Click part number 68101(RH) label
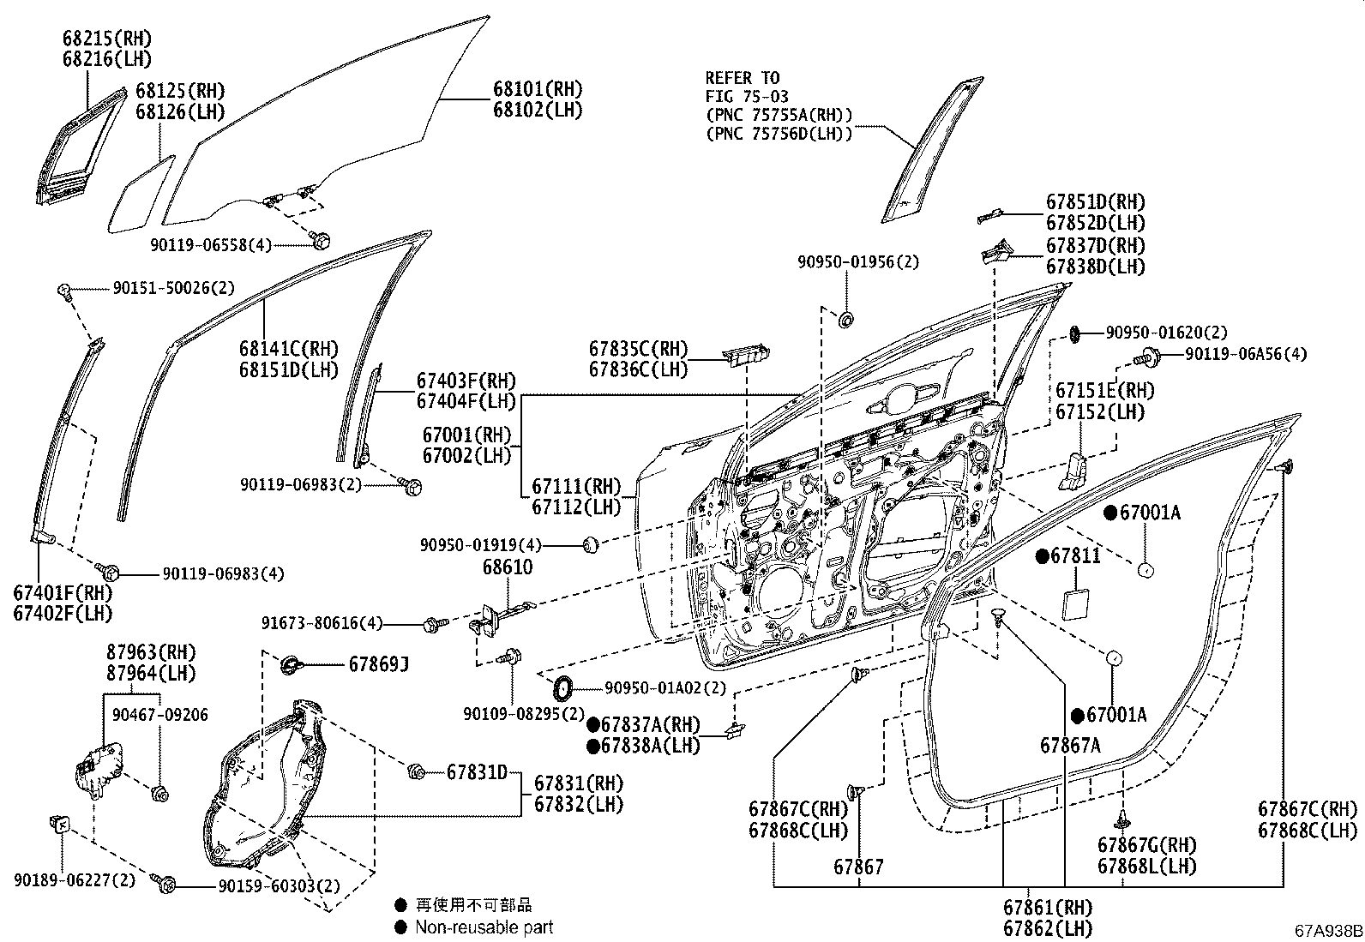point(537,89)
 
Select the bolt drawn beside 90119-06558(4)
point(321,240)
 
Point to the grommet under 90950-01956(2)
point(845,320)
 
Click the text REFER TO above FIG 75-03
point(742,78)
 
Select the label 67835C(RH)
point(638,349)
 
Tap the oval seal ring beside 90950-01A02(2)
point(562,687)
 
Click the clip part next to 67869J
point(291,663)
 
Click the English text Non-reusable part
point(484,927)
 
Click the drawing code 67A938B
point(1328,931)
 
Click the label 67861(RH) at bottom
point(1048,907)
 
